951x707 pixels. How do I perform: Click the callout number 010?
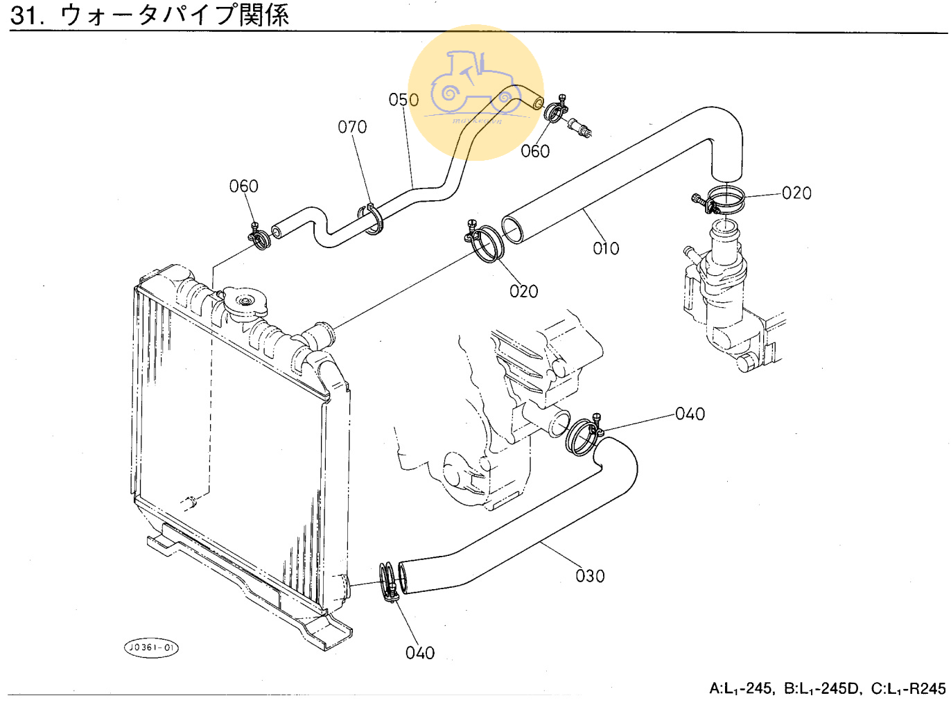606,248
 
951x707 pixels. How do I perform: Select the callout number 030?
590,576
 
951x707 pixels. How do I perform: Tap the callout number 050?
403,100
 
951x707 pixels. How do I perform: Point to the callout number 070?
352,127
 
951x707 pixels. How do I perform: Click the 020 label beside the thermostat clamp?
796,193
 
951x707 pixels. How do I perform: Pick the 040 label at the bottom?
420,653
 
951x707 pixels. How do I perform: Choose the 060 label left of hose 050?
243,186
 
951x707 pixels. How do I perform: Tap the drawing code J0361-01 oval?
151,647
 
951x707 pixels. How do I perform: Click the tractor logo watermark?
475,92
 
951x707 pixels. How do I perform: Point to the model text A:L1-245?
740,688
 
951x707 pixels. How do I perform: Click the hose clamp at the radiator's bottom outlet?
389,581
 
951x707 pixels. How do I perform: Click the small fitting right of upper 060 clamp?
579,126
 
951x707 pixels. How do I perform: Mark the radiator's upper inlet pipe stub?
321,334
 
